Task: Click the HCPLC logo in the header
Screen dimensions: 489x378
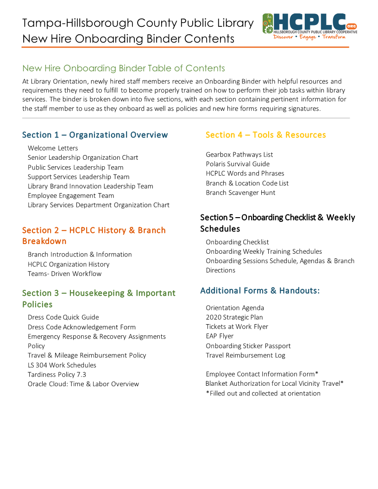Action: click(309, 26)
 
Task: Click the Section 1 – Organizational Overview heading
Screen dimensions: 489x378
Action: click(95, 135)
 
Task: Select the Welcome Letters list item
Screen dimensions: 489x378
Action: click(53, 148)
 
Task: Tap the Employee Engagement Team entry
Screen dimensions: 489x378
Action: click(71, 195)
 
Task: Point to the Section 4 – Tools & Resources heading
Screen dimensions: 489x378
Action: click(265, 135)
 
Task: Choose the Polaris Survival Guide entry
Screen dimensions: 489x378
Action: click(238, 164)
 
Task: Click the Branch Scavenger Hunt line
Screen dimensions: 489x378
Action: click(240, 193)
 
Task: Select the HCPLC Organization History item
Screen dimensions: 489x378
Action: click(69, 264)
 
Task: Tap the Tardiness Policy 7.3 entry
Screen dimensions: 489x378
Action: click(57, 375)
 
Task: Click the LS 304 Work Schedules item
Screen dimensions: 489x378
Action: click(62, 365)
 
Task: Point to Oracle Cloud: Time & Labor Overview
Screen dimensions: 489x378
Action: click(83, 384)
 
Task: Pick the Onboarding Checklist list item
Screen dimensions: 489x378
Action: click(237, 242)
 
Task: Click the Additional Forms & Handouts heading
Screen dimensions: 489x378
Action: click(260, 291)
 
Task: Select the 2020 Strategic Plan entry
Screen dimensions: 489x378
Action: click(234, 317)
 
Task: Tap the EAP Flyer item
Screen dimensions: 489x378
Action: click(220, 336)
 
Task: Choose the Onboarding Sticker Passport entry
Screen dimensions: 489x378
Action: click(248, 346)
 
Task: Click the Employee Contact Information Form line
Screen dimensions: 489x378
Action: click(262, 374)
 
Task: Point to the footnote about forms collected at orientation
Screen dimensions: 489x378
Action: click(263, 394)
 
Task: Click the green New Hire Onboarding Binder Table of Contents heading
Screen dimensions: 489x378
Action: click(124, 69)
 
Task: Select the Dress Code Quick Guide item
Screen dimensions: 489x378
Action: click(63, 317)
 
